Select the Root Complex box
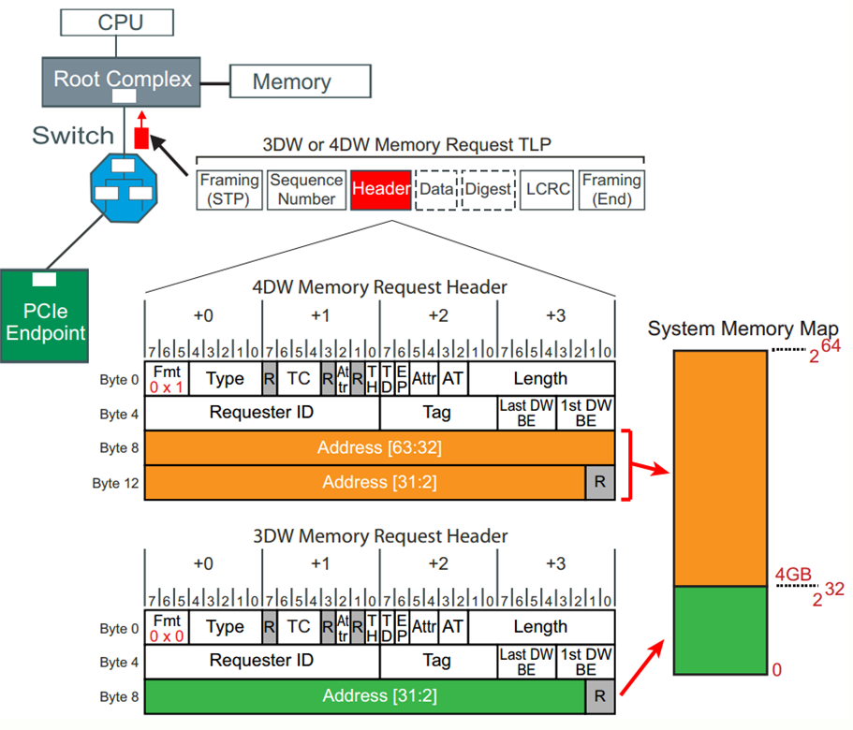122,80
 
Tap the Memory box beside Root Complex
291,81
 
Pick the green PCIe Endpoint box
44,317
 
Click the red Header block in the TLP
381,189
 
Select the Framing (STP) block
229,189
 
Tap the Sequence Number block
306,189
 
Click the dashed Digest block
488,189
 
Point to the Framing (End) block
611,189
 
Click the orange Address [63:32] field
379,447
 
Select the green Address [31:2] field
365,695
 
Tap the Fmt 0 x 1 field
166,378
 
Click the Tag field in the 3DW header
437,661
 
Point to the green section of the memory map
720,630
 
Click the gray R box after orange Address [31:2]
600,482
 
